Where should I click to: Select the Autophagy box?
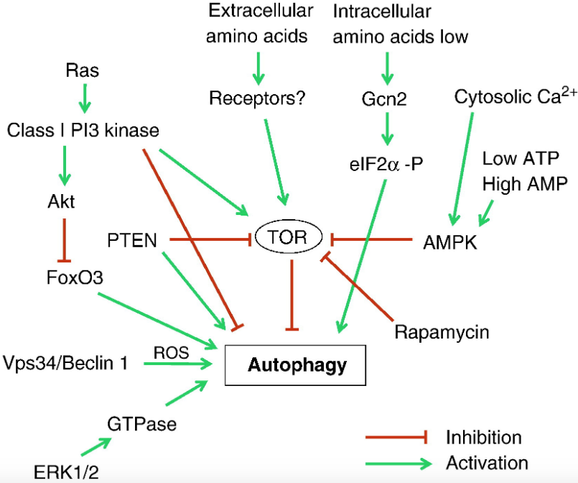point(297,365)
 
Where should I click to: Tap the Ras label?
point(82,70)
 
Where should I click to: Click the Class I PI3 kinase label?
point(83,129)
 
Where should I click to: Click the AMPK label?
point(450,241)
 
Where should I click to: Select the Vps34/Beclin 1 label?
point(65,363)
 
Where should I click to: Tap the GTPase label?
point(141,423)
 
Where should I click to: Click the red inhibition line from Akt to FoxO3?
point(66,237)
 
